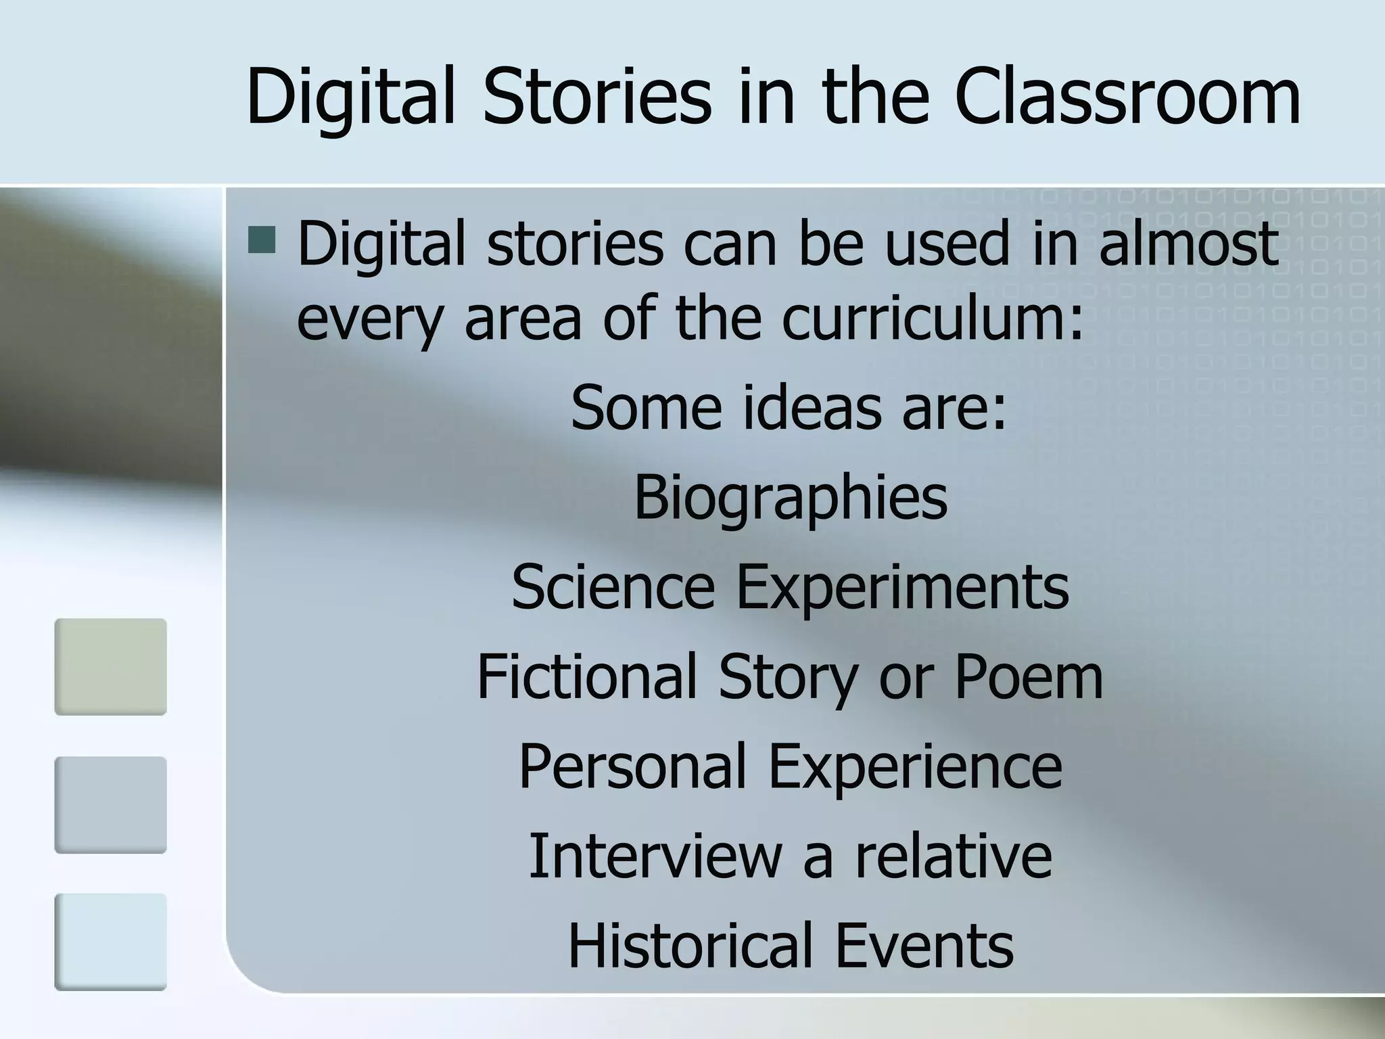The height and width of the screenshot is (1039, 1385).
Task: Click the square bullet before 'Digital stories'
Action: (262, 240)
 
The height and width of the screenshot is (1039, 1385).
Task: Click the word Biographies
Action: (790, 498)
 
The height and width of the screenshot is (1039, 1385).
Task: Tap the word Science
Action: (613, 586)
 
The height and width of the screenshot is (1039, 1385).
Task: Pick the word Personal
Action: (632, 766)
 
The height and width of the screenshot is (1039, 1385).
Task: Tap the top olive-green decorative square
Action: (110, 666)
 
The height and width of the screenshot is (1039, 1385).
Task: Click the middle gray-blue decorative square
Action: (110, 804)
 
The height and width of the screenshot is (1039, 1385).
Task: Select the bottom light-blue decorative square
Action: (110, 942)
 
